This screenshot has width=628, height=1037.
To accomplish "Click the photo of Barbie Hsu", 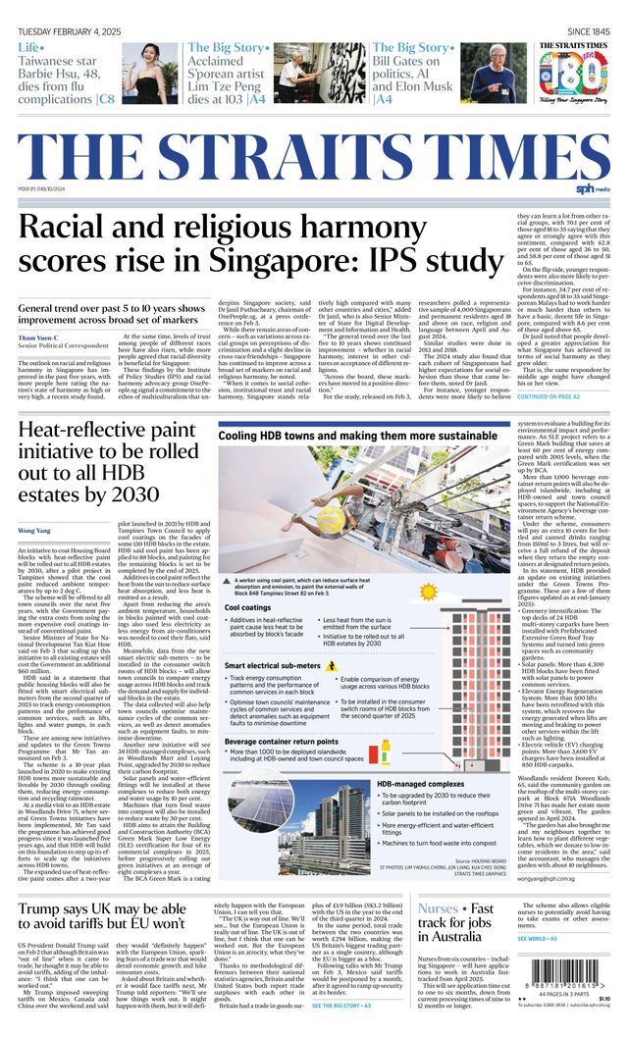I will (x=150, y=73).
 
